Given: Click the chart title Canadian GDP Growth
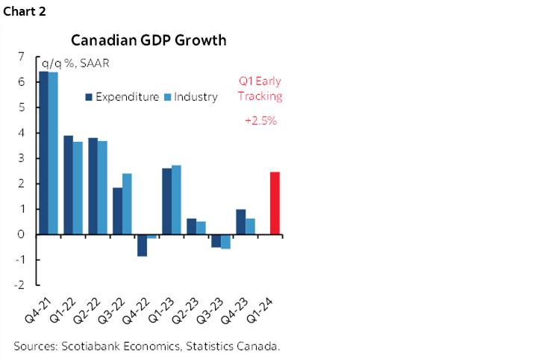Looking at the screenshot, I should [148, 40].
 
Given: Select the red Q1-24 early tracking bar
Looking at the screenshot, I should [275, 203].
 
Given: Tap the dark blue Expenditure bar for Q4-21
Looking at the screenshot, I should [43, 152].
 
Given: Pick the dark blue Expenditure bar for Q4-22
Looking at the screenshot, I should [142, 245].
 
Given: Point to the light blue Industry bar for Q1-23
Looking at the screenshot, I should [176, 199].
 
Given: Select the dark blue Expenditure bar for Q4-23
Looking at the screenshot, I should [240, 222].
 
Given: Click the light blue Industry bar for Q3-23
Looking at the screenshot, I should [225, 241].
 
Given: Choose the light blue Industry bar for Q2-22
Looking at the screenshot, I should [102, 187].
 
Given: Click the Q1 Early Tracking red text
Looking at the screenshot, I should [260, 89].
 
